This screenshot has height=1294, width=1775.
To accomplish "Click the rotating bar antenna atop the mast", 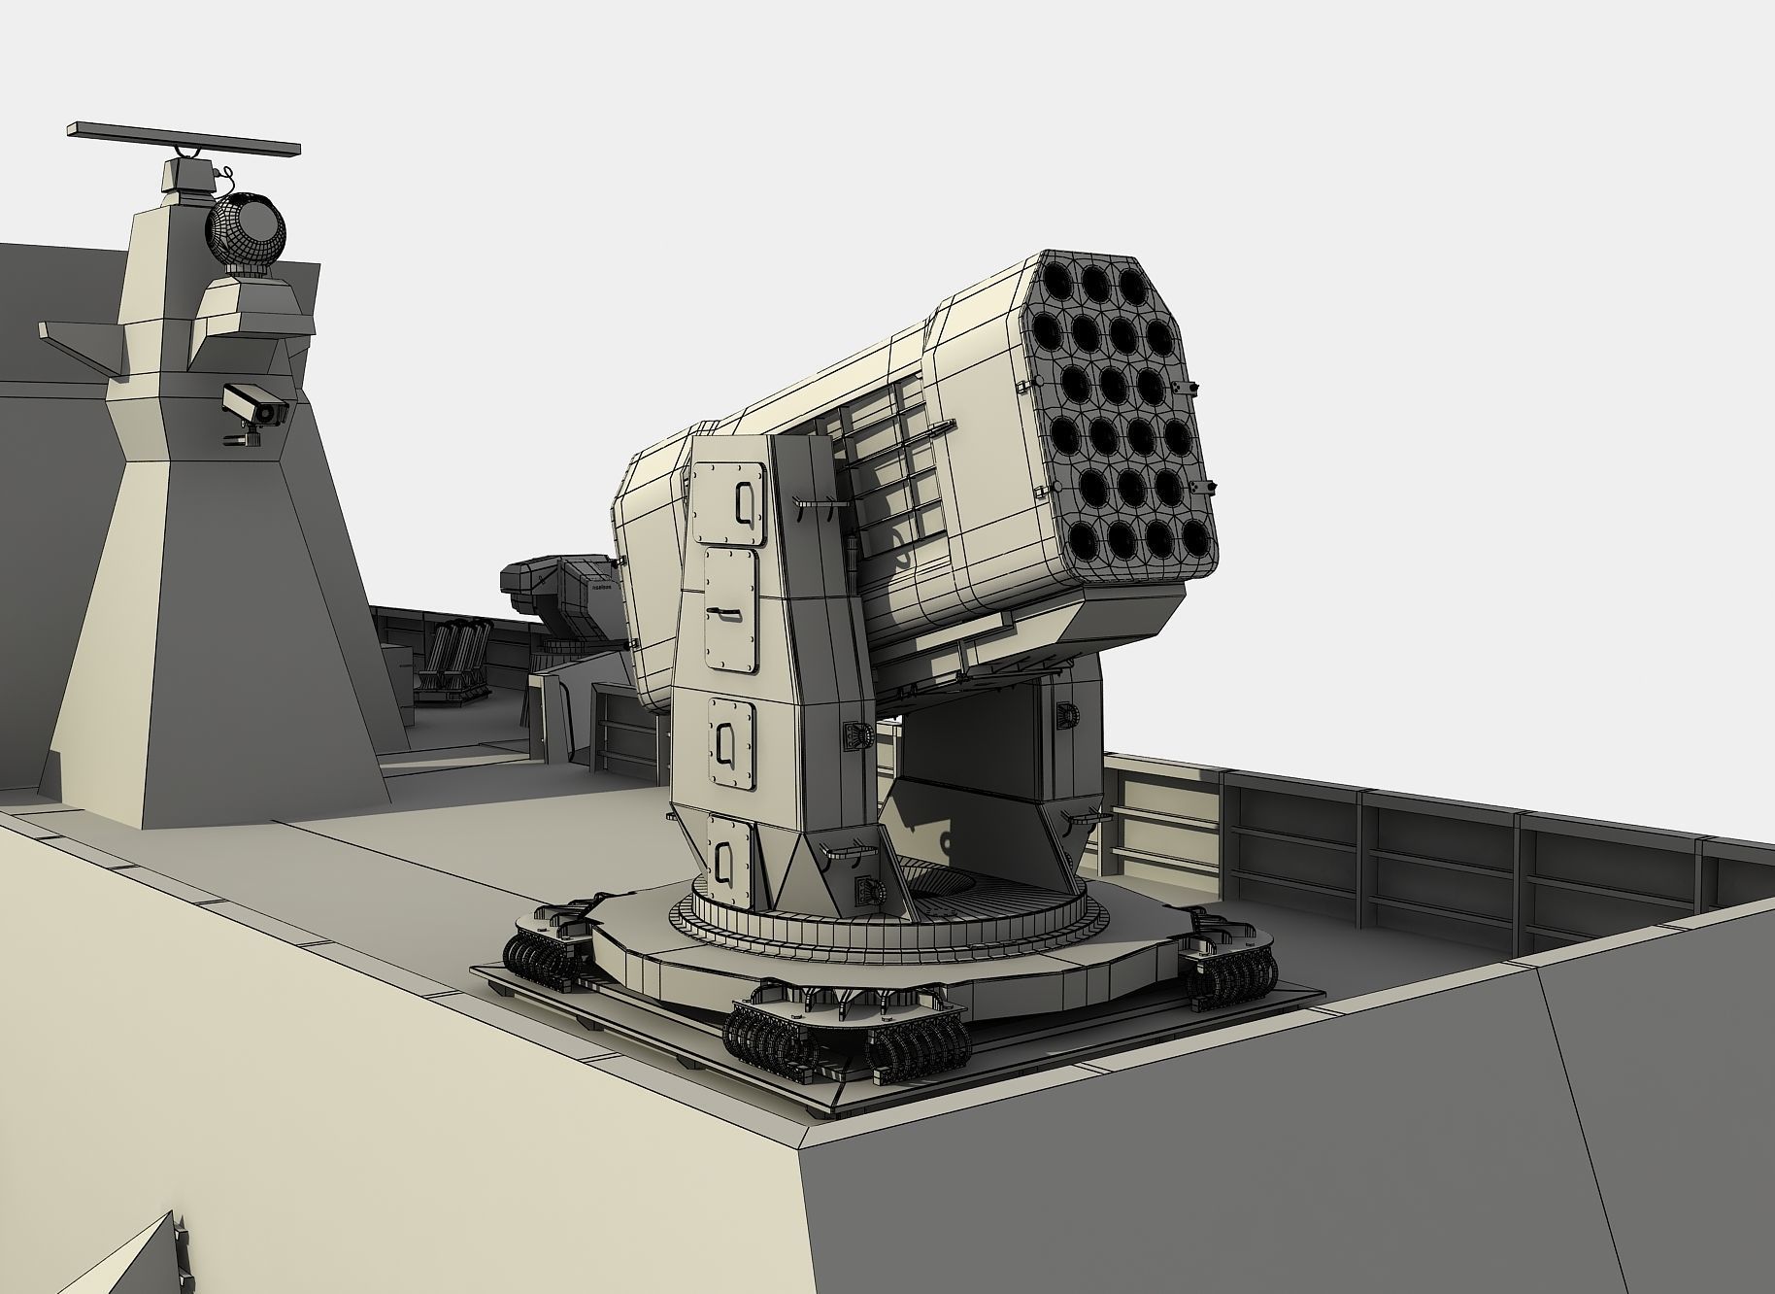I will click(183, 140).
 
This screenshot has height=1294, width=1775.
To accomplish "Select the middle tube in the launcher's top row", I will click(1095, 283).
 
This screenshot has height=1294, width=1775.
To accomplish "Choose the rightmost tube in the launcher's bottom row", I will click(1195, 534).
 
